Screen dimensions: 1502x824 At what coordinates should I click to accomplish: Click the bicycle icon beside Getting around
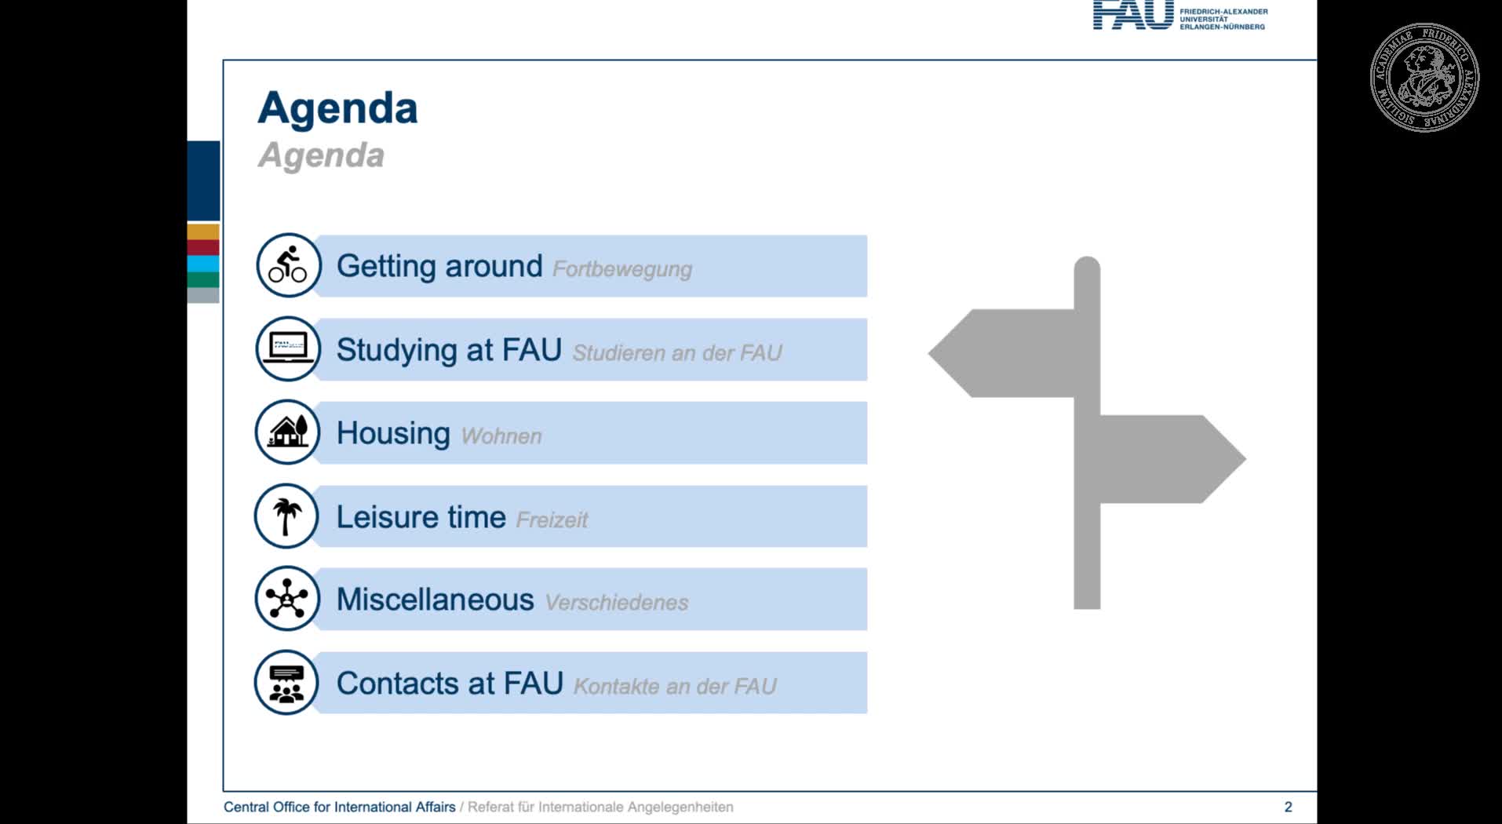tap(288, 265)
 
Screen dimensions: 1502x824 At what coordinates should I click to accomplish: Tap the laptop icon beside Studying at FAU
tap(288, 348)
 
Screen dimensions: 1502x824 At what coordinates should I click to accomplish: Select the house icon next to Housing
tap(288, 432)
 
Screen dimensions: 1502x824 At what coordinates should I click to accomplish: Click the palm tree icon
tap(286, 516)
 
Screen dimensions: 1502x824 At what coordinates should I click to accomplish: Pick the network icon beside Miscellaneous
tap(286, 599)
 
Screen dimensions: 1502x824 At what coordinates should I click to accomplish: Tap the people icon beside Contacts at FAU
tap(286, 683)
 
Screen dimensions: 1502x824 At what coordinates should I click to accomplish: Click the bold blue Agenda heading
tap(337, 109)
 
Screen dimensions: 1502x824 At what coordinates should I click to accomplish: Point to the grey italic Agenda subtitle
tap(322, 155)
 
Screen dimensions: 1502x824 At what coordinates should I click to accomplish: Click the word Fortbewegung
tap(622, 269)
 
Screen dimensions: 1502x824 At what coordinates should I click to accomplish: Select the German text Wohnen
tap(501, 436)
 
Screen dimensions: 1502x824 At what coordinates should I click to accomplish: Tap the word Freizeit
tap(552, 520)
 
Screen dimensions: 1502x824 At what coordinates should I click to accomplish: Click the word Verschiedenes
tap(617, 603)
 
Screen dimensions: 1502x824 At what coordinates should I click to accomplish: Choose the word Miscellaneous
tap(436, 600)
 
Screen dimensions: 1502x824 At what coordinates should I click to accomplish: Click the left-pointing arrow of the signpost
tap(1001, 353)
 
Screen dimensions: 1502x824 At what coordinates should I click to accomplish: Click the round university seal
tap(1424, 77)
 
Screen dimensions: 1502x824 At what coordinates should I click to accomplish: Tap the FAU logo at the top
tap(1180, 15)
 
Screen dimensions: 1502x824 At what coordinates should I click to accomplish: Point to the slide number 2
tap(1288, 807)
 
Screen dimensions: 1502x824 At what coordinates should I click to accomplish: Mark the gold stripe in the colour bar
tap(203, 232)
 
